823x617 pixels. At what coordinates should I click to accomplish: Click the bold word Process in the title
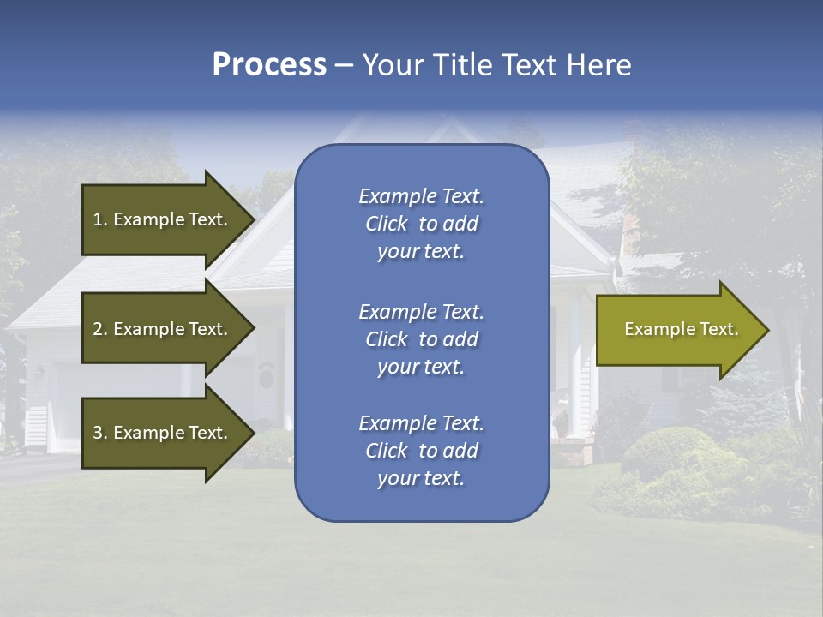tap(269, 65)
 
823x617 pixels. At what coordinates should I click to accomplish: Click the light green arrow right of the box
tap(677, 330)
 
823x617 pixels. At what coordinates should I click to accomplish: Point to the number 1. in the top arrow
tap(100, 219)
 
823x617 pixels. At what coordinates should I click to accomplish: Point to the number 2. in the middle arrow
tap(100, 329)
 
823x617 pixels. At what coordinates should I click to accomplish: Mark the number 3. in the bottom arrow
tap(100, 433)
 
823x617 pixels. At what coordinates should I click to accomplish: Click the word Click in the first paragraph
tap(386, 224)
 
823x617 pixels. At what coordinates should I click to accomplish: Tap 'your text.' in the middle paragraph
tap(421, 367)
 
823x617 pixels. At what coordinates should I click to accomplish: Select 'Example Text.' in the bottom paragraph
tap(421, 423)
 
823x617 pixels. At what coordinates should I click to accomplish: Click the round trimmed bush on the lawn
tap(669, 450)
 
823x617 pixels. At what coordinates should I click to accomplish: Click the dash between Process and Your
tap(343, 65)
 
